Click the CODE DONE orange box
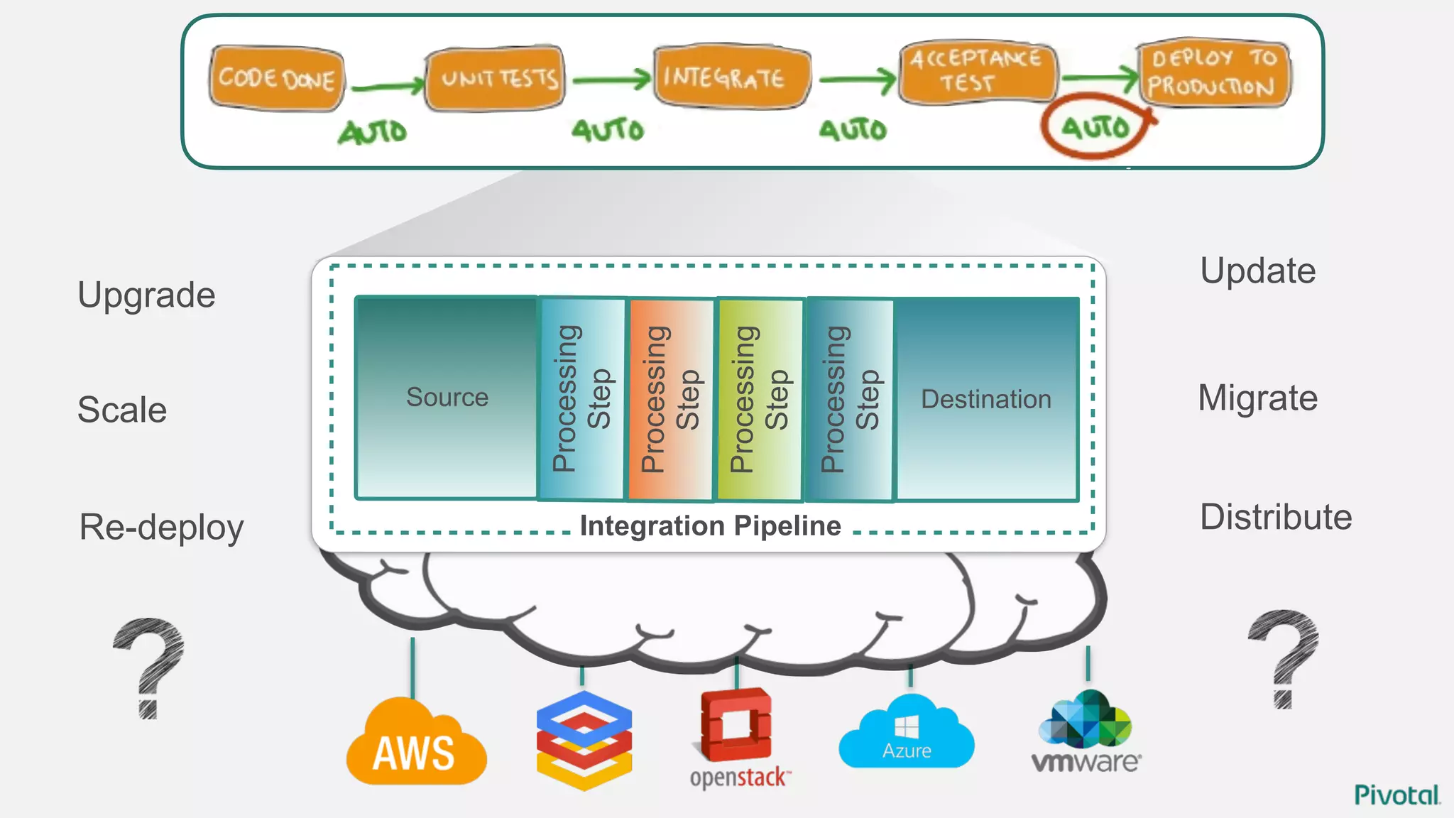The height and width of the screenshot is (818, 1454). (x=277, y=78)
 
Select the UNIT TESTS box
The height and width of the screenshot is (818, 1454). (x=496, y=78)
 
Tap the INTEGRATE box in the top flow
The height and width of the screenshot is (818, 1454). (x=731, y=77)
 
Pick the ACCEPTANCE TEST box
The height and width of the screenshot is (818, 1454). (x=977, y=71)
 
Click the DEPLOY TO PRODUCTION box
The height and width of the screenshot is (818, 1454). (x=1213, y=73)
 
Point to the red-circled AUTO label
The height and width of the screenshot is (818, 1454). (x=1094, y=126)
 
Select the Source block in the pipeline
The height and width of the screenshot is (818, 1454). (x=447, y=398)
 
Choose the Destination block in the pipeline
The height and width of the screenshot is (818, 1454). (x=986, y=399)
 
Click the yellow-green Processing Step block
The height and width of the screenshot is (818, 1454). (x=760, y=400)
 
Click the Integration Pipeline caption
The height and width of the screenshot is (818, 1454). (x=710, y=526)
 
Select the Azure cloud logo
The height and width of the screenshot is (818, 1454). (x=907, y=735)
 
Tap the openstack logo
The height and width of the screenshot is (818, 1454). (x=738, y=738)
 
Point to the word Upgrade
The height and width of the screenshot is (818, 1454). (x=146, y=295)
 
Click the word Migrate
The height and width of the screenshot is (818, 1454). (x=1257, y=398)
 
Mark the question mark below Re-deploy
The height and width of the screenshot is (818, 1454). (x=149, y=667)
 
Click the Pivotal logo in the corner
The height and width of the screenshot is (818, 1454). (x=1396, y=795)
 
